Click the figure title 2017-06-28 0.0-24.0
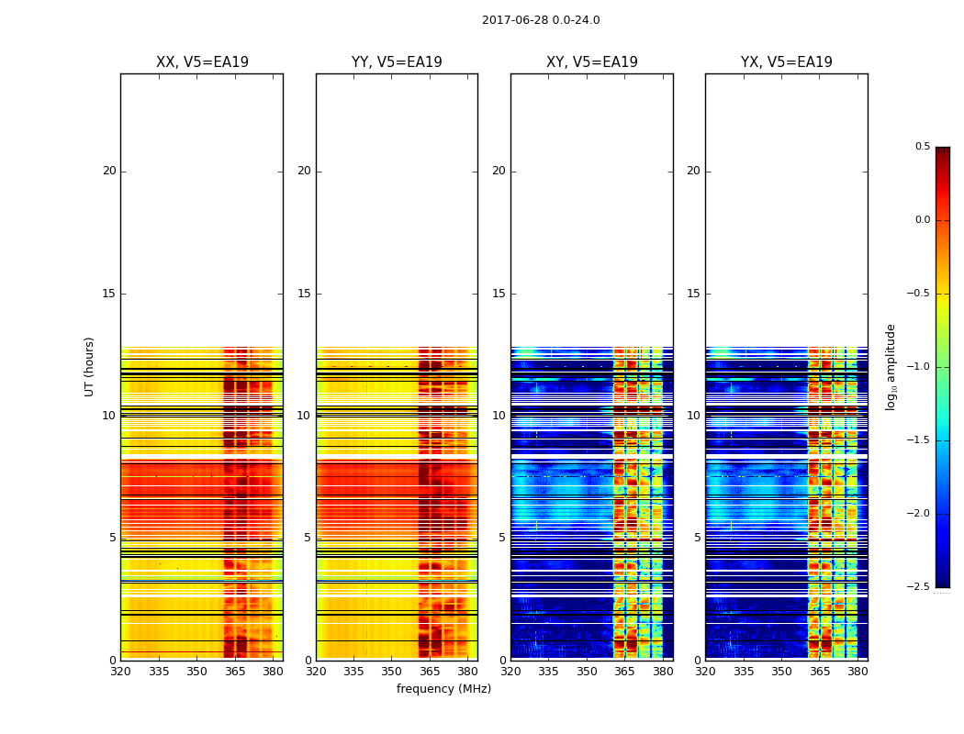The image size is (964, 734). pyautogui.click(x=541, y=20)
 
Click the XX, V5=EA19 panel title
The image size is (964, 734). pyautogui.click(x=202, y=62)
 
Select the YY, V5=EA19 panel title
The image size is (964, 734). pyautogui.click(x=397, y=62)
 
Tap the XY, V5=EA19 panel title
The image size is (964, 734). pyautogui.click(x=591, y=62)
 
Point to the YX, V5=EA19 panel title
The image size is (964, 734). pyautogui.click(x=786, y=62)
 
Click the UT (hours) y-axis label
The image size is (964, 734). pyautogui.click(x=89, y=366)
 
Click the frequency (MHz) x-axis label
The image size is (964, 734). pyautogui.click(x=443, y=689)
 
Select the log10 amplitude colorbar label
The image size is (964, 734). pyautogui.click(x=891, y=366)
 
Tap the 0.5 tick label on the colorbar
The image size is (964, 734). pyautogui.click(x=922, y=147)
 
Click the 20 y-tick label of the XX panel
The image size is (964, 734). pyautogui.click(x=109, y=171)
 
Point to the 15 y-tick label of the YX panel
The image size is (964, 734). pyautogui.click(x=694, y=294)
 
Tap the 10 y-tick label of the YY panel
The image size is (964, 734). pyautogui.click(x=304, y=416)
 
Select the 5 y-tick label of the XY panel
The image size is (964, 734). pyautogui.click(x=502, y=538)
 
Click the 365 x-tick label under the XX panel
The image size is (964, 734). pyautogui.click(x=235, y=672)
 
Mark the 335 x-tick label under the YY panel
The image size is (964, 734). pyautogui.click(x=353, y=672)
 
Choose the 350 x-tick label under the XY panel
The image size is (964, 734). pyautogui.click(x=587, y=672)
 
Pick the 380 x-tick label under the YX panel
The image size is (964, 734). pyautogui.click(x=858, y=672)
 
